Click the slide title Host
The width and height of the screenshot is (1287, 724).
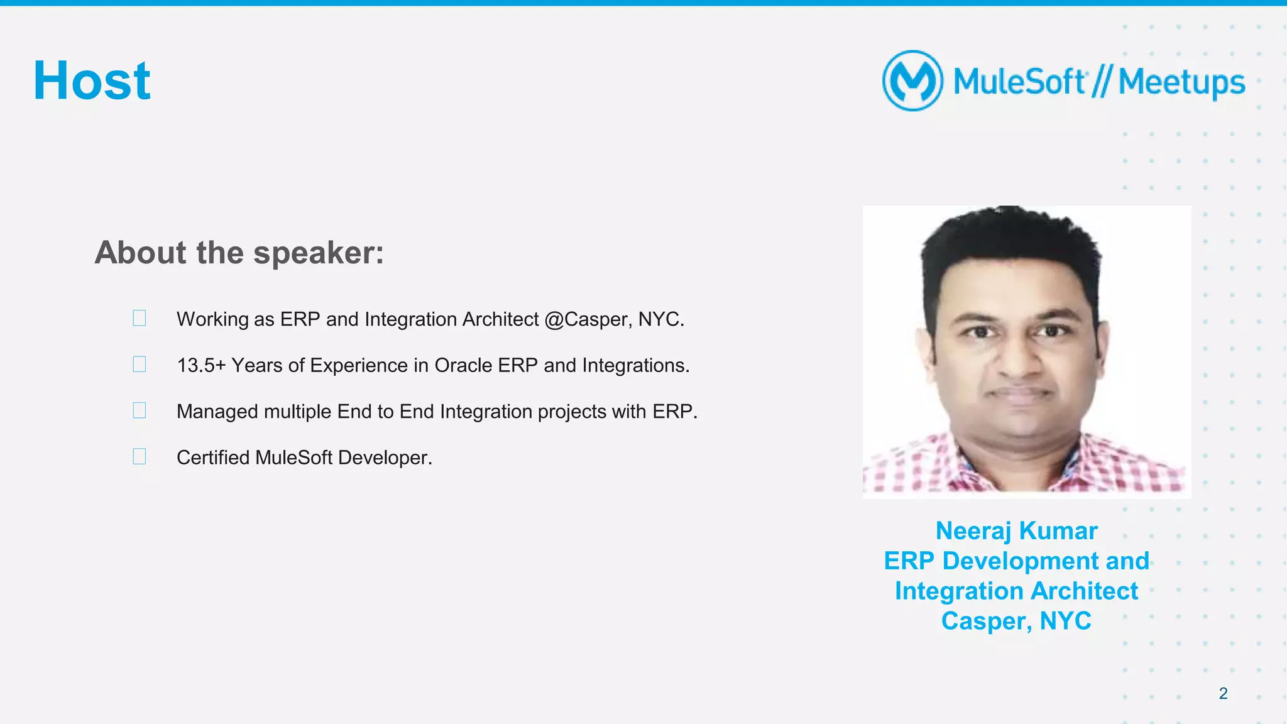click(x=92, y=80)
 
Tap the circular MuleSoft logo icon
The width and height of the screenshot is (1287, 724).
click(x=912, y=80)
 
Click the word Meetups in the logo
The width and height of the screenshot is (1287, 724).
click(x=1181, y=82)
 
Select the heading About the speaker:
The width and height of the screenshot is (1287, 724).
click(x=239, y=253)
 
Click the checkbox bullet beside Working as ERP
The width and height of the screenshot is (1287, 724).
click(x=140, y=318)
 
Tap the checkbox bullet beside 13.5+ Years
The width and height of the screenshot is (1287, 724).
click(x=140, y=364)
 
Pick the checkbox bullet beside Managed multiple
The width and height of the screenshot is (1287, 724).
click(x=140, y=410)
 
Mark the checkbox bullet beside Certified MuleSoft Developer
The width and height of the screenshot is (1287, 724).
click(x=140, y=456)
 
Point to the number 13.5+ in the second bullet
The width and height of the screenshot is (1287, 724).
click(x=201, y=365)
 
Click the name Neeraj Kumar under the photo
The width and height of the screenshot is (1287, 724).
click(x=1016, y=531)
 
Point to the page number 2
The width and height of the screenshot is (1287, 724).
click(x=1223, y=693)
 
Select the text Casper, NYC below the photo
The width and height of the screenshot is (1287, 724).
click(x=1016, y=621)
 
